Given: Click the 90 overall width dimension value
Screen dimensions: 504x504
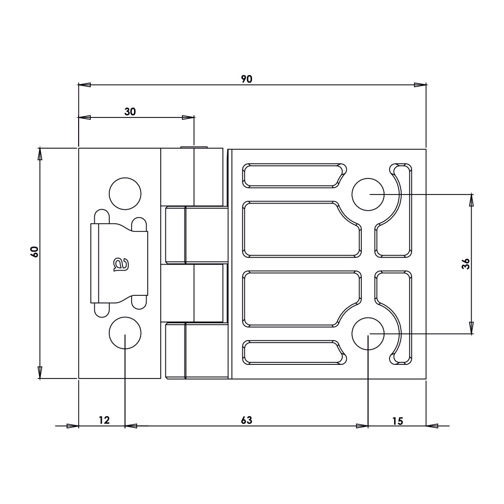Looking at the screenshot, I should (x=246, y=79).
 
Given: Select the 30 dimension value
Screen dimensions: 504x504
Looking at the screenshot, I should (x=130, y=112).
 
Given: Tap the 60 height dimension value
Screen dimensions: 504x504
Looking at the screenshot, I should (x=34, y=251).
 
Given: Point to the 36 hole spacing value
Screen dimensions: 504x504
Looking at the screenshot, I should (x=466, y=264).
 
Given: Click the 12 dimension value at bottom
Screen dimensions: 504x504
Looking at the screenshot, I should (x=104, y=420).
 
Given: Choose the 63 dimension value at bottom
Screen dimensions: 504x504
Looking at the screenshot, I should (x=246, y=420).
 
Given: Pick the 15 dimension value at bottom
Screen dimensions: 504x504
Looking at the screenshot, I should (x=398, y=420).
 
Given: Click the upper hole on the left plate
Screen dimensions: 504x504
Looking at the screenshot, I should (x=125, y=194).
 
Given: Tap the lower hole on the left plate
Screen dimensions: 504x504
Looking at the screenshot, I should (x=125, y=333).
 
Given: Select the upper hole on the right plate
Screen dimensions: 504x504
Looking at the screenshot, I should (x=368, y=194).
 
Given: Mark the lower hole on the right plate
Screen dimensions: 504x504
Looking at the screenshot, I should (x=368, y=334).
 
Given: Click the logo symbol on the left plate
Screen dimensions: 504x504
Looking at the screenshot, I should (x=119, y=264).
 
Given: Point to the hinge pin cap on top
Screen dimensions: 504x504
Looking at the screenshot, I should (x=194, y=148).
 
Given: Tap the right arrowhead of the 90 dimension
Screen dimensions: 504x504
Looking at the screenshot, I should (x=420, y=85).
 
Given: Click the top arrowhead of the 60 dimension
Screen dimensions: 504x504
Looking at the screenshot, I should (x=40, y=154).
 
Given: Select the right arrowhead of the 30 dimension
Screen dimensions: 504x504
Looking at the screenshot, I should (x=188, y=117).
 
